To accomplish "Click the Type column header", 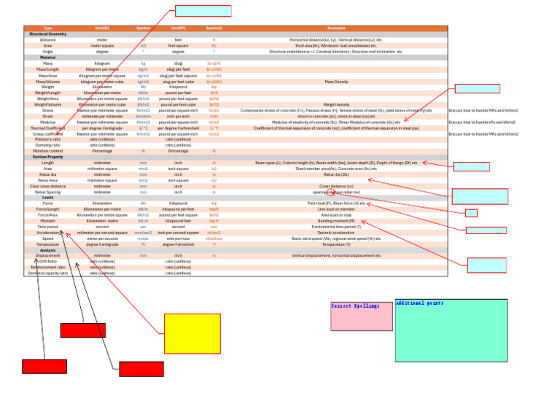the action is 48,28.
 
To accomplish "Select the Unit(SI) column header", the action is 102,28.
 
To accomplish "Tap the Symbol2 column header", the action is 214,28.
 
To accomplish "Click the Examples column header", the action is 336,28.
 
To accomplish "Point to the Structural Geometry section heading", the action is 48,34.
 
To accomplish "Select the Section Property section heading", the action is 48,157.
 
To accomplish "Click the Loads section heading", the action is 48,198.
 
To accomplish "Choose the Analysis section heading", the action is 48,250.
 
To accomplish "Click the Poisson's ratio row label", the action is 48,139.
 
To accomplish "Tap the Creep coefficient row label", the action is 48,134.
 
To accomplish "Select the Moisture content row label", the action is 48,151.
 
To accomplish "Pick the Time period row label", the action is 48,227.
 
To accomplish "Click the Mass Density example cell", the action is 336,82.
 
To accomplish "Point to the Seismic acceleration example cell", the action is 336,233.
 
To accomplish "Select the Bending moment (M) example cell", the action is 336,221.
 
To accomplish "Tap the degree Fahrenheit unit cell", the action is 178,244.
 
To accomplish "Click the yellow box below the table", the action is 192,333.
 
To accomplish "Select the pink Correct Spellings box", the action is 361,315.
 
